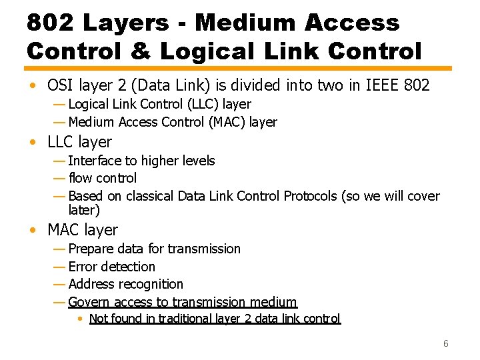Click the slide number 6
446,344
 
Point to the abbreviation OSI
61,85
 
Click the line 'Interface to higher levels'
141,161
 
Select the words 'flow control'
103,178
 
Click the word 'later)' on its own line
84,210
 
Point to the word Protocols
311,196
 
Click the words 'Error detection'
111,267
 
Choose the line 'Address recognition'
125,284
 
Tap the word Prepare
91,249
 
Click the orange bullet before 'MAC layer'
32,231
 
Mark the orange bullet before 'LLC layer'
32,143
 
